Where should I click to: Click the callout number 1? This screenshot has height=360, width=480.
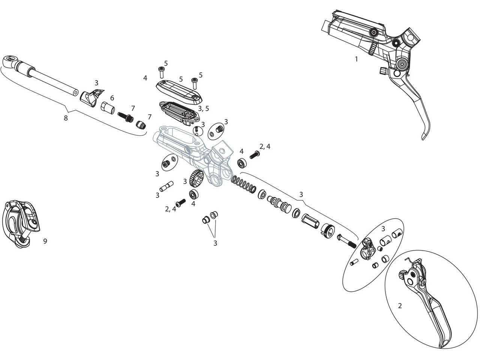[356, 59]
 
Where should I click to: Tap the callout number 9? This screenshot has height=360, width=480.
[45, 241]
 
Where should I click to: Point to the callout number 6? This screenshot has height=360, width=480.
[112, 98]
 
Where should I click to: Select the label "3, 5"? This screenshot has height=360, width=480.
[204, 109]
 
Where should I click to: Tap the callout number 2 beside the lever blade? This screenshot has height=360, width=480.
[400, 306]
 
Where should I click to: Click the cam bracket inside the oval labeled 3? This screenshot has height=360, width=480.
[366, 250]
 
